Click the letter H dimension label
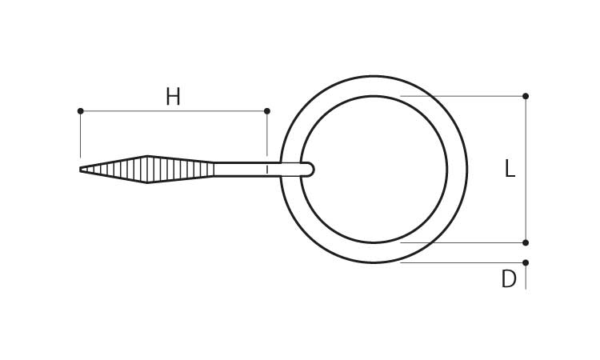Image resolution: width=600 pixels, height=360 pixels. click(173, 97)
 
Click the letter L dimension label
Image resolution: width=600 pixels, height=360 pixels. click(510, 169)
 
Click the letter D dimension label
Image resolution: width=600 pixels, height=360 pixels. click(509, 279)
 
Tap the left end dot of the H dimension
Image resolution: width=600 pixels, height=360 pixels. click(80, 111)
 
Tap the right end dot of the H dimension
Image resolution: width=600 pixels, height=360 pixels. click(267, 111)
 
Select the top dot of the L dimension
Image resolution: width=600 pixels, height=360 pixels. click(526, 96)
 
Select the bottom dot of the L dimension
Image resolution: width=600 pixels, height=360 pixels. click(526, 242)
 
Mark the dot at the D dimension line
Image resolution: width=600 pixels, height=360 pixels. click(526, 263)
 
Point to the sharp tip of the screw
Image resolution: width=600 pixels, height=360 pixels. click(80, 169)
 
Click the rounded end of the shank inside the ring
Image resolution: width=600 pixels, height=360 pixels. click(310, 169)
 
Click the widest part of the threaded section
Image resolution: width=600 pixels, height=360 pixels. click(147, 169)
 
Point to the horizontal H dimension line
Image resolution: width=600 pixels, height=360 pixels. click(174, 111)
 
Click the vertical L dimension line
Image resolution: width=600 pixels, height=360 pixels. click(526, 169)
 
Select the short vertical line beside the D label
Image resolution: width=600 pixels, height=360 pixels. click(526, 276)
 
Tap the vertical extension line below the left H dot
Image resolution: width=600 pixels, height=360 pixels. click(80, 134)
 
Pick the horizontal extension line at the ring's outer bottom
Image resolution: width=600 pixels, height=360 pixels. click(462, 263)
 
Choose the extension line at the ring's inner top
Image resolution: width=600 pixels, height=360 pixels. click(462, 96)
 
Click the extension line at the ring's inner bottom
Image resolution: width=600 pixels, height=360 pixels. click(462, 242)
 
